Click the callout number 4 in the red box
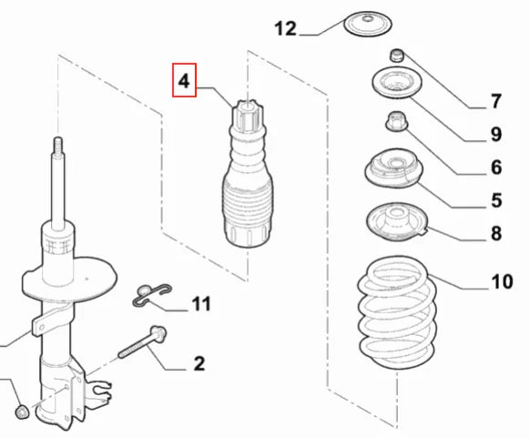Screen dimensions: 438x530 (x=184, y=81)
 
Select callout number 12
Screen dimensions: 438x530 (x=285, y=29)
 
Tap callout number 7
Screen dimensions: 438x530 (x=496, y=101)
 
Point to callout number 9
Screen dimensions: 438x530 (x=496, y=135)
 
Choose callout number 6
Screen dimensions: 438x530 (x=496, y=168)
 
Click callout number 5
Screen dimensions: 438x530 (x=496, y=200)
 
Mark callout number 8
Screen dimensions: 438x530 (x=496, y=234)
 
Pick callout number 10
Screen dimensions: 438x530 (x=502, y=282)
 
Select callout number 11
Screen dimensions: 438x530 (x=200, y=302)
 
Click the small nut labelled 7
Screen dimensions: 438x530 (x=398, y=56)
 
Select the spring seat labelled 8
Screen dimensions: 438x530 (x=396, y=223)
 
